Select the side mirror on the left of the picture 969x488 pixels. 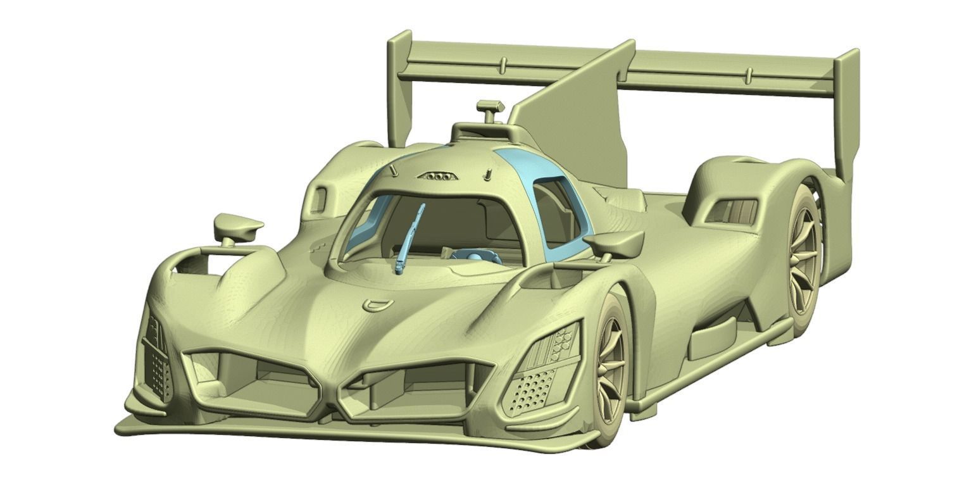(x=237, y=226)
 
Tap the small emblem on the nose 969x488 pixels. (x=377, y=304)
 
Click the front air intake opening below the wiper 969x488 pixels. (x=253, y=380)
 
